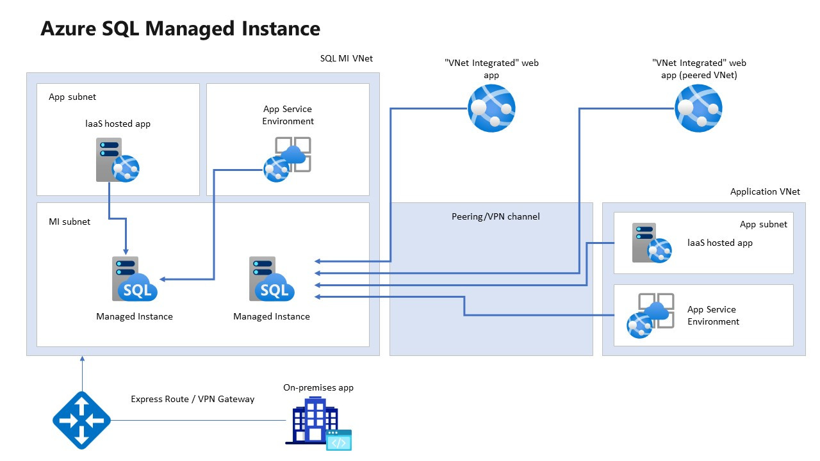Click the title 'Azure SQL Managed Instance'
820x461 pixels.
pyautogui.click(x=180, y=29)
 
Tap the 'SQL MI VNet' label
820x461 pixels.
pyautogui.click(x=346, y=58)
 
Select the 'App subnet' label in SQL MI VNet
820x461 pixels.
pyautogui.click(x=72, y=97)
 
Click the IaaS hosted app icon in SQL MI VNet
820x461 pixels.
pyautogui.click(x=116, y=161)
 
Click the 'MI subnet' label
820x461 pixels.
pyautogui.click(x=70, y=222)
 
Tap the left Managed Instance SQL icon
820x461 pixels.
pyautogui.click(x=133, y=279)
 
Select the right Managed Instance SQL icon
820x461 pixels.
pyautogui.click(x=271, y=279)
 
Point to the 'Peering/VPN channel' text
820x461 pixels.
pyautogui.click(x=495, y=216)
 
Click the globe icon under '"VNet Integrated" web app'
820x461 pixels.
pyautogui.click(x=491, y=108)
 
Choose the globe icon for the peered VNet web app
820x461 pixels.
pyautogui.click(x=698, y=108)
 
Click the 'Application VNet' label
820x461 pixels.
pyautogui.click(x=765, y=191)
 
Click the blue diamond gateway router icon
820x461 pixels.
pyautogui.click(x=81, y=420)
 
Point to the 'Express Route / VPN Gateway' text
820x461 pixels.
pyautogui.click(x=192, y=399)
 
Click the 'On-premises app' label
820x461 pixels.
pyautogui.click(x=318, y=387)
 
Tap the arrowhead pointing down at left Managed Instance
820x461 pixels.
pyautogui.click(x=126, y=250)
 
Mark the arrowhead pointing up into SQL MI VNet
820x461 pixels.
pyautogui.click(x=82, y=360)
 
